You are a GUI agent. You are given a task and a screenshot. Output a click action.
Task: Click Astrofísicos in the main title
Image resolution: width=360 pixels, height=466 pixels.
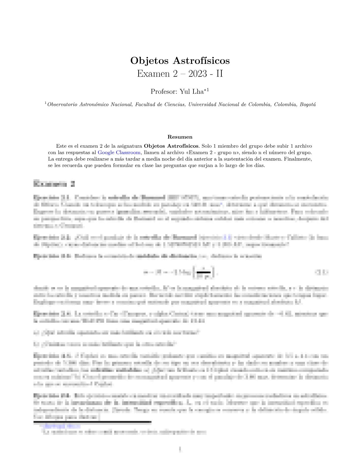pos(201,61)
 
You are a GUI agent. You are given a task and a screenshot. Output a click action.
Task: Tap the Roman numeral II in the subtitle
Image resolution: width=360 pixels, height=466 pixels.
pos(219,74)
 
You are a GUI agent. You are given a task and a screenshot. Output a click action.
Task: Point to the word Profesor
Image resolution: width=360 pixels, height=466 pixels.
pos(164,91)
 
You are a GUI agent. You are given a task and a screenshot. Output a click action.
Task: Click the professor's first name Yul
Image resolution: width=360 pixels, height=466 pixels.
pos(185,91)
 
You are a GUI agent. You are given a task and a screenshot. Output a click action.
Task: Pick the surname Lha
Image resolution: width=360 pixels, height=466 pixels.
pos(198,91)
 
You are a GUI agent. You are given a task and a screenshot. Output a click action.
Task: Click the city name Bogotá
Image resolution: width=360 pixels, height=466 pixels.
pos(308,104)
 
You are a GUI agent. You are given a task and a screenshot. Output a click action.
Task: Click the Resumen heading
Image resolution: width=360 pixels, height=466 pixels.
pos(180,137)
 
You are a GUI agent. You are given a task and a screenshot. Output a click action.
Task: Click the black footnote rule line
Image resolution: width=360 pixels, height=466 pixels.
pos(92,422)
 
